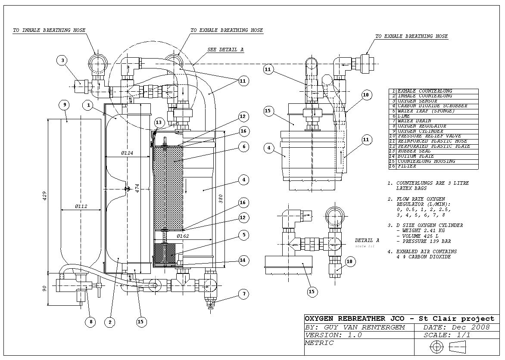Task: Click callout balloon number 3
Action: coord(62,60)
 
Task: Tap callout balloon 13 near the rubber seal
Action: coord(159,123)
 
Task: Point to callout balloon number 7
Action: coord(244,294)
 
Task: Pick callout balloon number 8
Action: coord(91,321)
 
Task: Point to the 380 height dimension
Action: coord(221,198)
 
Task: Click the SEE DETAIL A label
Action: coord(225,50)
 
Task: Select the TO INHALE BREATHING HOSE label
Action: coord(49,31)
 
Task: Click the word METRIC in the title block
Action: coord(319,343)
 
